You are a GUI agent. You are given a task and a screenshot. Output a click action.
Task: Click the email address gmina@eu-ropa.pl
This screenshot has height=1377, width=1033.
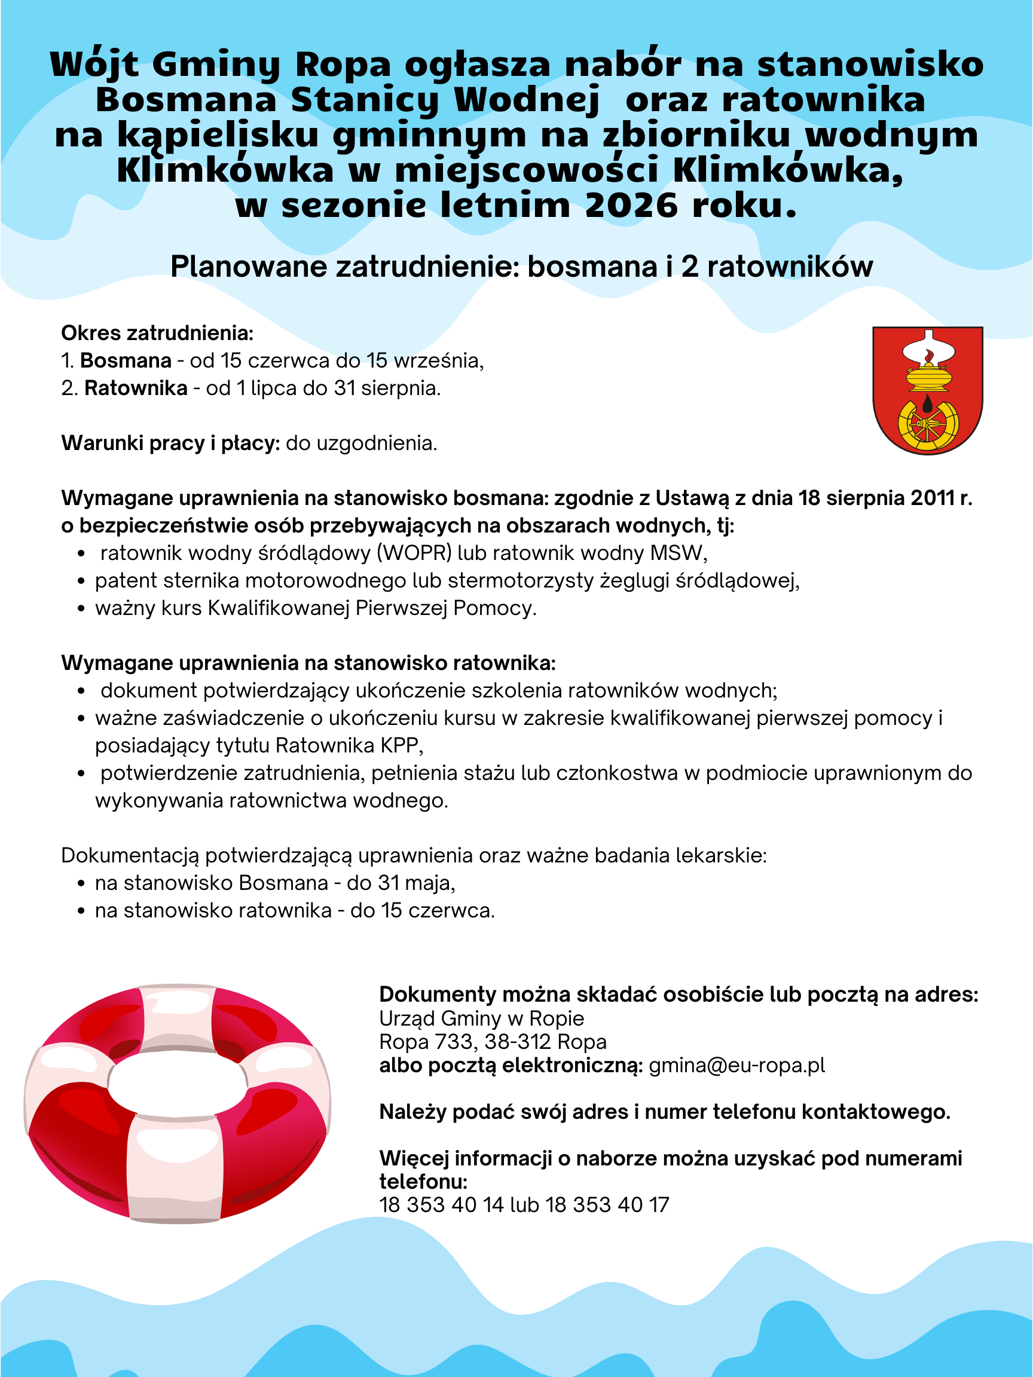pos(736,1065)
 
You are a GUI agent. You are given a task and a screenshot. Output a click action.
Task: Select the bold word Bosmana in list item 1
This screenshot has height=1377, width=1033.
pos(126,360)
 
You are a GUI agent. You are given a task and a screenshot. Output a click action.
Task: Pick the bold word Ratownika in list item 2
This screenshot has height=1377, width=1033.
pos(136,388)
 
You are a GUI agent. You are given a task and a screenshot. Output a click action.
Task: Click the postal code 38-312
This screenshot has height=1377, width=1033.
pos(518,1042)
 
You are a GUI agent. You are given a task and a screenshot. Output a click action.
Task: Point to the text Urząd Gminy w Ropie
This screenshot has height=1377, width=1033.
pos(481,1018)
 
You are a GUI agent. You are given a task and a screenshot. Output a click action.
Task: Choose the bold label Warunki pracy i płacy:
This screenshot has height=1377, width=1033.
pos(170,443)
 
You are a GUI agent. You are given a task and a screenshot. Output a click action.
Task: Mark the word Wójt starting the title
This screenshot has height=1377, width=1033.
pos(94,64)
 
